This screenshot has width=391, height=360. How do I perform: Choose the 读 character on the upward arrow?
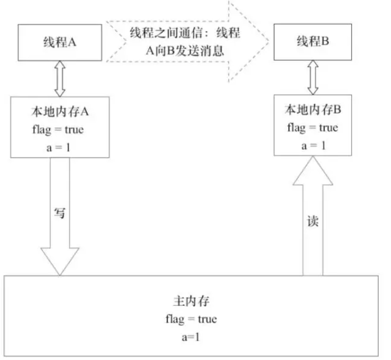[313, 221]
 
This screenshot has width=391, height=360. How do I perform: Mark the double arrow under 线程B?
[313, 77]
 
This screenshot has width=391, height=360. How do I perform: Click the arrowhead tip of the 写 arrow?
[59, 275]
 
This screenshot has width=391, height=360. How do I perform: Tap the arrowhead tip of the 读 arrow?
[313, 157]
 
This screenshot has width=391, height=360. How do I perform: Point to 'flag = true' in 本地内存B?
[312, 127]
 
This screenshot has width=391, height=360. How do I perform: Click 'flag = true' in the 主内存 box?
[191, 319]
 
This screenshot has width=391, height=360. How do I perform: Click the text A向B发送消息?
[185, 50]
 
